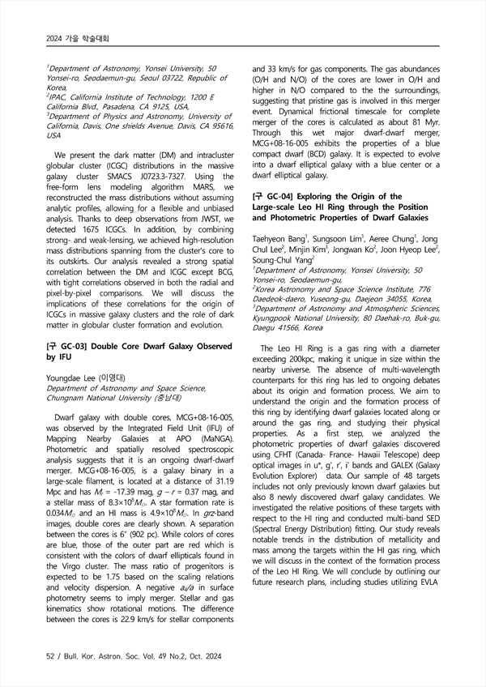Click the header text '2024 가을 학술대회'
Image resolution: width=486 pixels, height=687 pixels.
77,38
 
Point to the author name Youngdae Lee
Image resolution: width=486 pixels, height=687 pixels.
74,378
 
